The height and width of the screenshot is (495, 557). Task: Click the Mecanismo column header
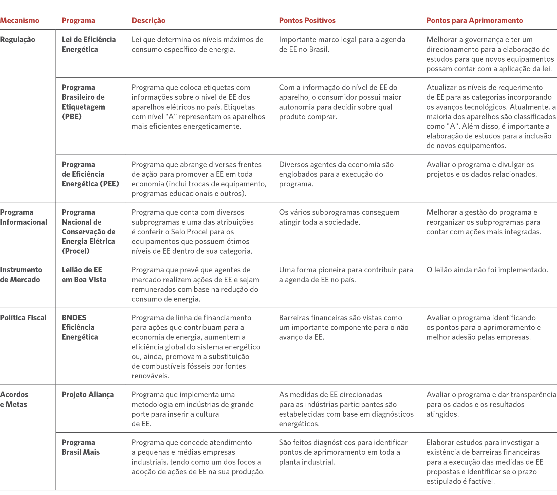pyautogui.click(x=20, y=21)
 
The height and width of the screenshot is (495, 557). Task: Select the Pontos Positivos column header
pyautogui.click(x=307, y=21)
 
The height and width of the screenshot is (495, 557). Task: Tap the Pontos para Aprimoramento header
pyautogui.click(x=474, y=21)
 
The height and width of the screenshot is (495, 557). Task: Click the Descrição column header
pyautogui.click(x=148, y=21)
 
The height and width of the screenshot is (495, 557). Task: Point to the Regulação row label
pyautogui.click(x=18, y=40)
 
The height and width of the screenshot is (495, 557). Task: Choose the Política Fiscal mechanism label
pyautogui.click(x=23, y=318)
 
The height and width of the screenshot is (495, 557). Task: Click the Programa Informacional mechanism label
pyautogui.click(x=23, y=217)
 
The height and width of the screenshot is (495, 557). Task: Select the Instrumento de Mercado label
pyautogui.click(x=21, y=275)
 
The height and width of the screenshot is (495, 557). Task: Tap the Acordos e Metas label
pyautogui.click(x=14, y=399)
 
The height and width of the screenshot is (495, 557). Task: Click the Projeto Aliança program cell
pyautogui.click(x=88, y=395)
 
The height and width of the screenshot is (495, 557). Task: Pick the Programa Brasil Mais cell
pyautogui.click(x=81, y=447)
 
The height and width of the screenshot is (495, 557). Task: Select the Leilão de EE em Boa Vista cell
pyautogui.click(x=84, y=275)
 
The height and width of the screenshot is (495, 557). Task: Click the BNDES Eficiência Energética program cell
pyautogui.click(x=80, y=327)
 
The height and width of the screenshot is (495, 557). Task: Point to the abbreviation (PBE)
pyautogui.click(x=72, y=117)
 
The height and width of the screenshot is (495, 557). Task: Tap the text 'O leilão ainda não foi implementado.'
pyautogui.click(x=487, y=270)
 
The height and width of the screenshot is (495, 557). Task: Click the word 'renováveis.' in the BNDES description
pyautogui.click(x=151, y=376)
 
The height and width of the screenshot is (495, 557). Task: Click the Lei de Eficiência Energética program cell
pyautogui.click(x=88, y=44)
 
